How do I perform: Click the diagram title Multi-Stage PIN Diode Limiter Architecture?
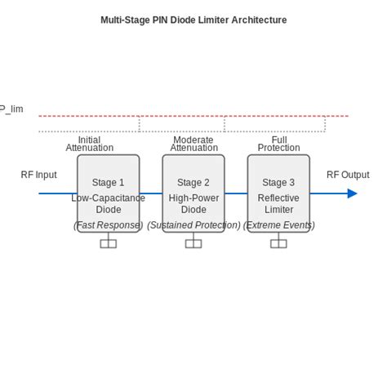point(193,20)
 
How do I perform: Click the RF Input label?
point(38,175)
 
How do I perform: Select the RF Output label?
point(348,175)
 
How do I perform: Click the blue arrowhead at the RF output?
point(352,193)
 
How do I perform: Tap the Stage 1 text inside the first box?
point(109,183)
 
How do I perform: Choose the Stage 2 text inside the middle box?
point(193,183)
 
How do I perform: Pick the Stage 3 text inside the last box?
point(278,183)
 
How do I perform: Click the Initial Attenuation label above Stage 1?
point(90,144)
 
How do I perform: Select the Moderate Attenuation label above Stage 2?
point(193,144)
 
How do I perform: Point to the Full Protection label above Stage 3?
point(278,144)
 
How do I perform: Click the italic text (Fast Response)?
point(108,225)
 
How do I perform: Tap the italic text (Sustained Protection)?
point(193,225)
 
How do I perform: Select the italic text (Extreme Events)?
point(278,225)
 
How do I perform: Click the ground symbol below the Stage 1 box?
point(109,242)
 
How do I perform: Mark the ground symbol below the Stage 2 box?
point(193,242)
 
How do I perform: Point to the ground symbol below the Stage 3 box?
point(278,242)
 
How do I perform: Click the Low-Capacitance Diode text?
point(109,204)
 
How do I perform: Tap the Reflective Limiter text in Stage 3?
point(278,204)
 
